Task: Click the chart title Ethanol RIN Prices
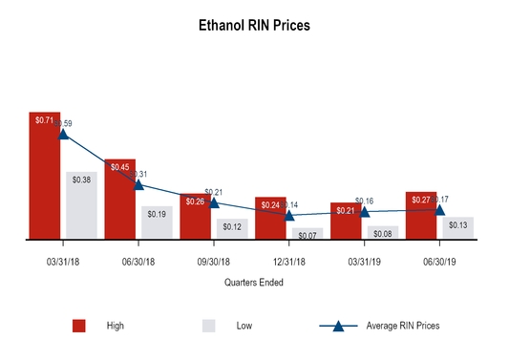pyautogui.click(x=254, y=26)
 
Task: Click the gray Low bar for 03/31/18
pyautogui.click(x=82, y=205)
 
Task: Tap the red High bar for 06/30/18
pyautogui.click(x=120, y=201)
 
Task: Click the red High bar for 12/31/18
pyautogui.click(x=270, y=220)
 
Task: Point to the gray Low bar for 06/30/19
pyautogui.click(x=458, y=228)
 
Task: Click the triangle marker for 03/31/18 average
pyautogui.click(x=63, y=135)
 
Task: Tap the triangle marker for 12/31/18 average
pyautogui.click(x=289, y=215)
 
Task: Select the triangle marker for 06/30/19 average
pyautogui.click(x=439, y=209)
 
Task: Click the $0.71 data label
pyautogui.click(x=45, y=120)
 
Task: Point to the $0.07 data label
pyautogui.click(x=308, y=235)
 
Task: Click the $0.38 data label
pyautogui.click(x=82, y=179)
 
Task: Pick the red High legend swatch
pyautogui.click(x=79, y=326)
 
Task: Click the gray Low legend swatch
pyautogui.click(x=209, y=326)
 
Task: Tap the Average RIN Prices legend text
pyautogui.click(x=403, y=326)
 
